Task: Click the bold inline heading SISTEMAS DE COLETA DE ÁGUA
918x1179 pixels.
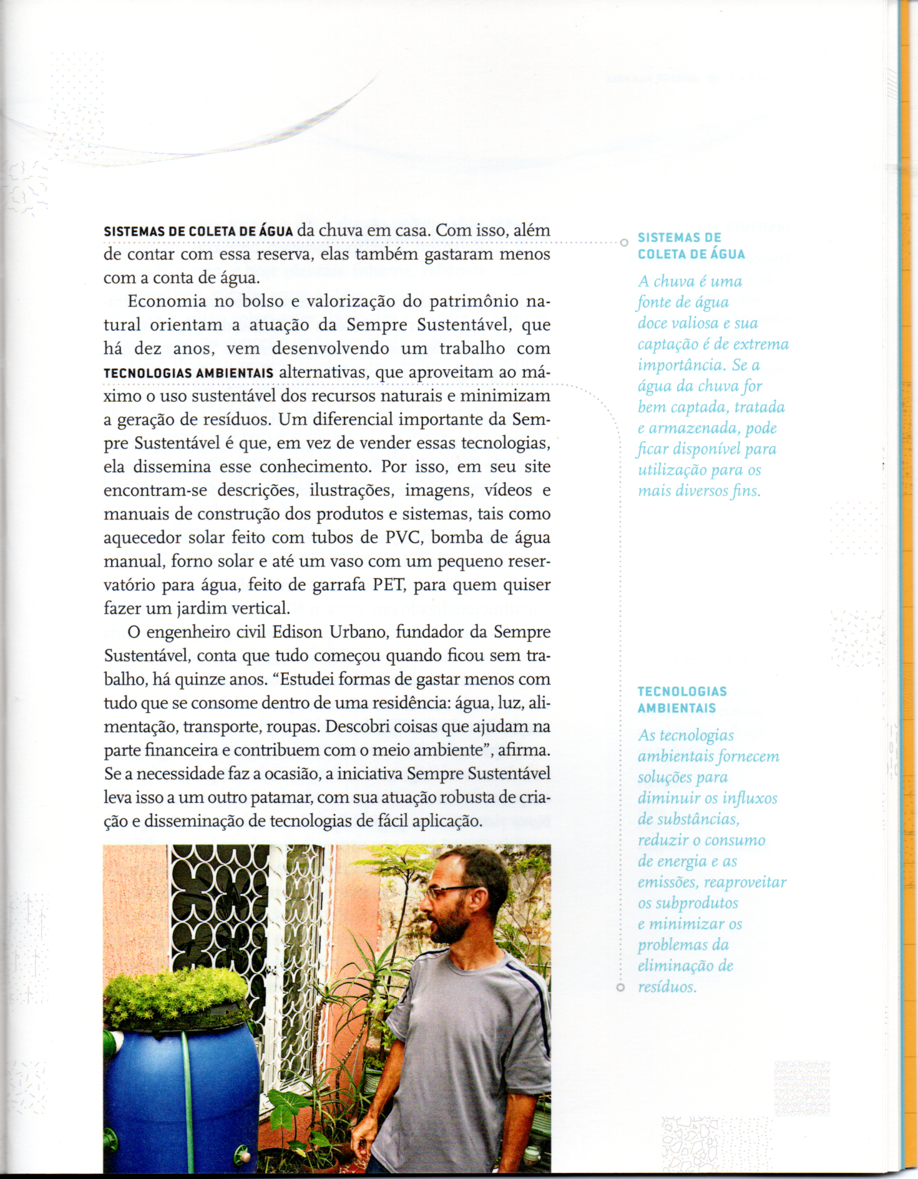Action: [198, 231]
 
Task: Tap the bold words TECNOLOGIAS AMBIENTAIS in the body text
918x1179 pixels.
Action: [188, 374]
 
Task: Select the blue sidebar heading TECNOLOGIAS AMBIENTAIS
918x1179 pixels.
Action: [681, 699]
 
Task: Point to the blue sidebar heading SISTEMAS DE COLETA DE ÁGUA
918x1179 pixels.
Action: [691, 246]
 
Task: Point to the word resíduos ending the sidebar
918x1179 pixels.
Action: [666, 987]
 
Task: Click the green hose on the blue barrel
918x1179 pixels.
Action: [187, 1098]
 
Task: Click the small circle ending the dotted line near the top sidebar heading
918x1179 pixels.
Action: [623, 243]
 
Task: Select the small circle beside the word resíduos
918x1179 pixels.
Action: [620, 987]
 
